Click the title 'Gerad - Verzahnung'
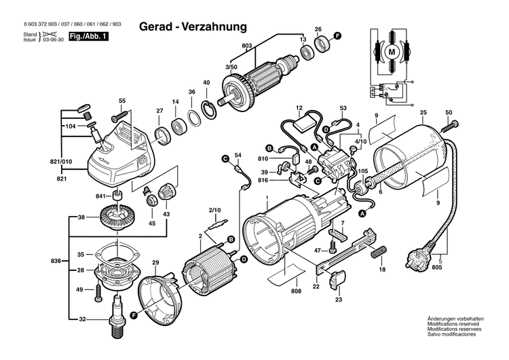(x=193, y=26)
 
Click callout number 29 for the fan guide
(x=155, y=262)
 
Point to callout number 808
(x=296, y=293)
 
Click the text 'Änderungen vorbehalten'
(x=455, y=319)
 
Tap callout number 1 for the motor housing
(x=267, y=197)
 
